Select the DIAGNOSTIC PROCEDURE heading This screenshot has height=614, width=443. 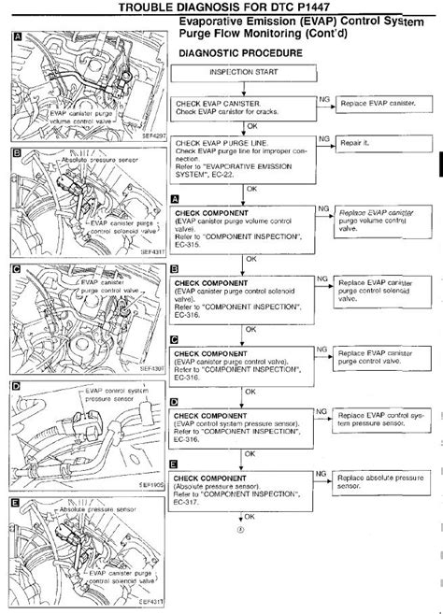click(239, 53)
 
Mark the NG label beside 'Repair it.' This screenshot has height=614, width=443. click(324, 136)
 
